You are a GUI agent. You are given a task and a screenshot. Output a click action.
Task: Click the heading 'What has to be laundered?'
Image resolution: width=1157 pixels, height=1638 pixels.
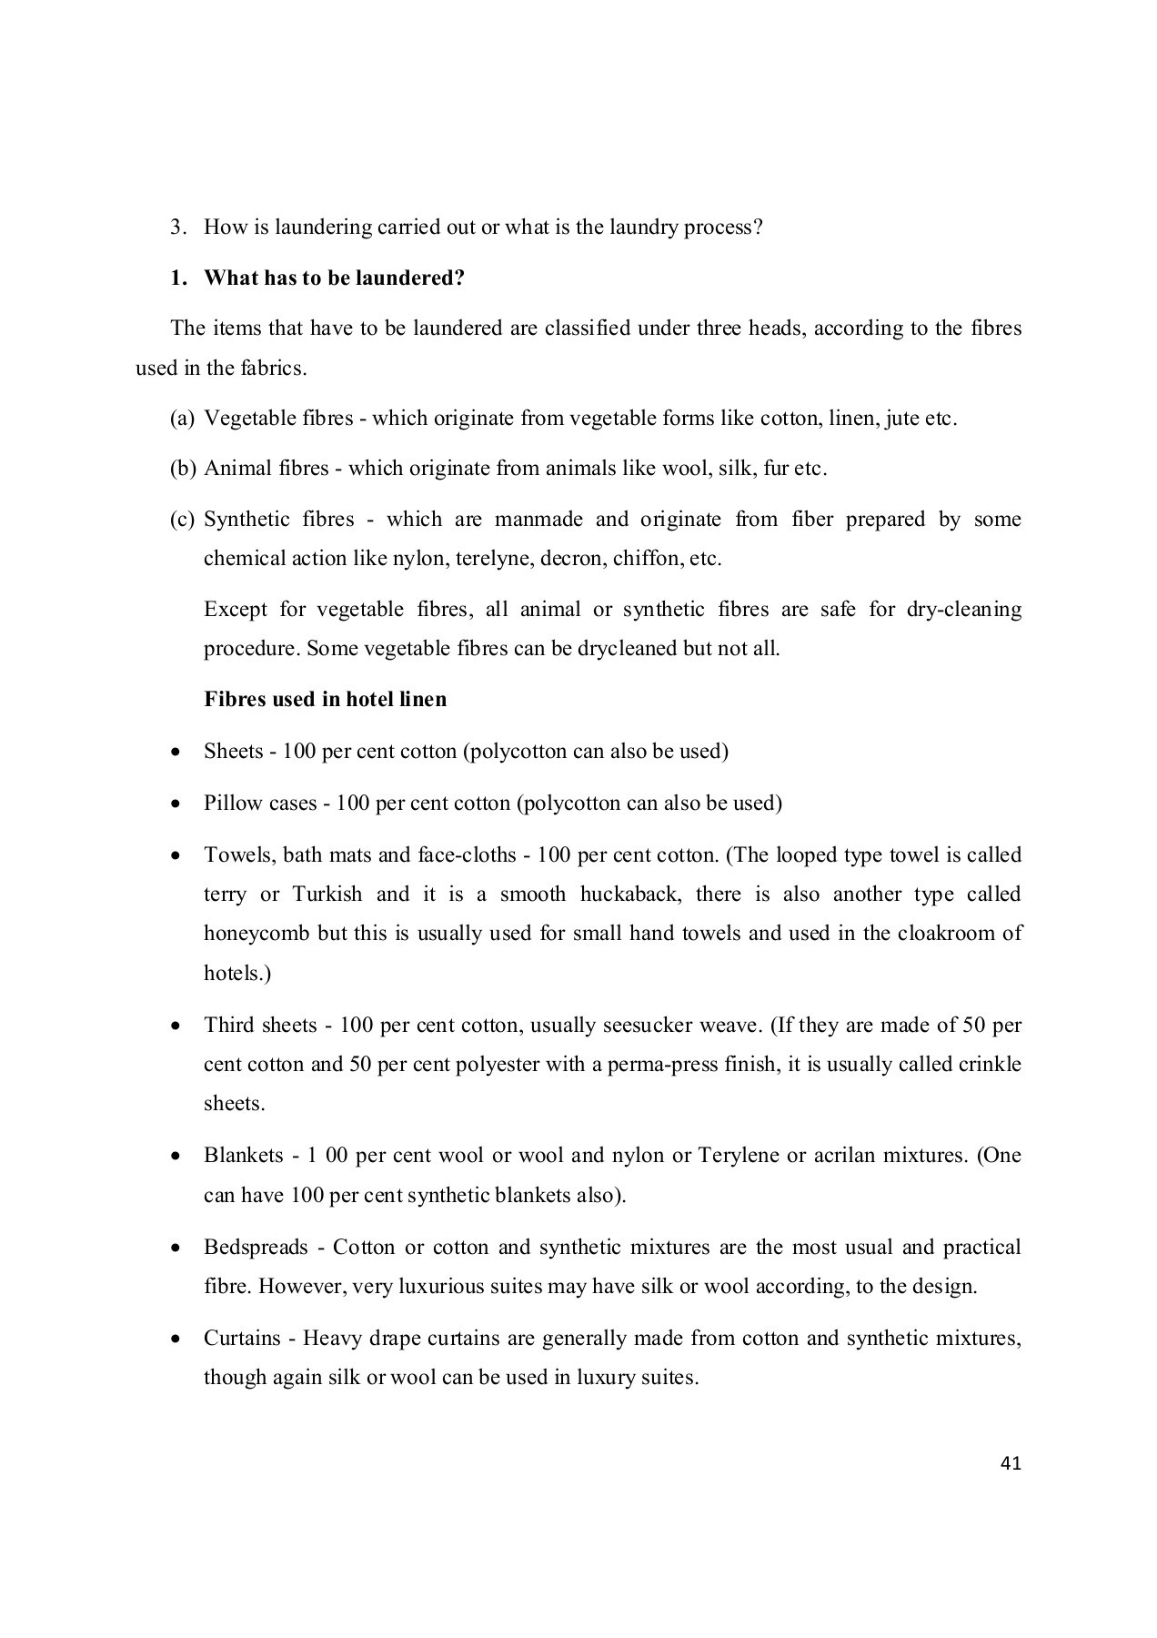[x=334, y=278]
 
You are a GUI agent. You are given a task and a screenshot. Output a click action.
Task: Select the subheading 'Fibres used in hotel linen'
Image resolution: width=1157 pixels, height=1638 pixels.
[x=325, y=699]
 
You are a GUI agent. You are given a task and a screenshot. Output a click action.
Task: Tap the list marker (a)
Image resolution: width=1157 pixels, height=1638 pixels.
[x=182, y=419]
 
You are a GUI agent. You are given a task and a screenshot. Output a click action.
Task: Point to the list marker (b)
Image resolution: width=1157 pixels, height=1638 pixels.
[x=182, y=469]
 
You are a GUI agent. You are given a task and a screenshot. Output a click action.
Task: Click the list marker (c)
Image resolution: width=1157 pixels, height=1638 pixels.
[x=182, y=520]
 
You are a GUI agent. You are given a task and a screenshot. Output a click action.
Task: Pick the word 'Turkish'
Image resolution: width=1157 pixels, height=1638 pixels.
[x=327, y=895]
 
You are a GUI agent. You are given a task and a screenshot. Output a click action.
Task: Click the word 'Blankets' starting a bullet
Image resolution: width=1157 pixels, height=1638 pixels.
[x=243, y=1156]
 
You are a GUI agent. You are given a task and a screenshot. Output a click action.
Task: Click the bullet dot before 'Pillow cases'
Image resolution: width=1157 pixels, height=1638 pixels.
[x=176, y=804]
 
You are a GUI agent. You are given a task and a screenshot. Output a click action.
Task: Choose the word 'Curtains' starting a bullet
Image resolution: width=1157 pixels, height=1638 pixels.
[x=242, y=1339]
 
